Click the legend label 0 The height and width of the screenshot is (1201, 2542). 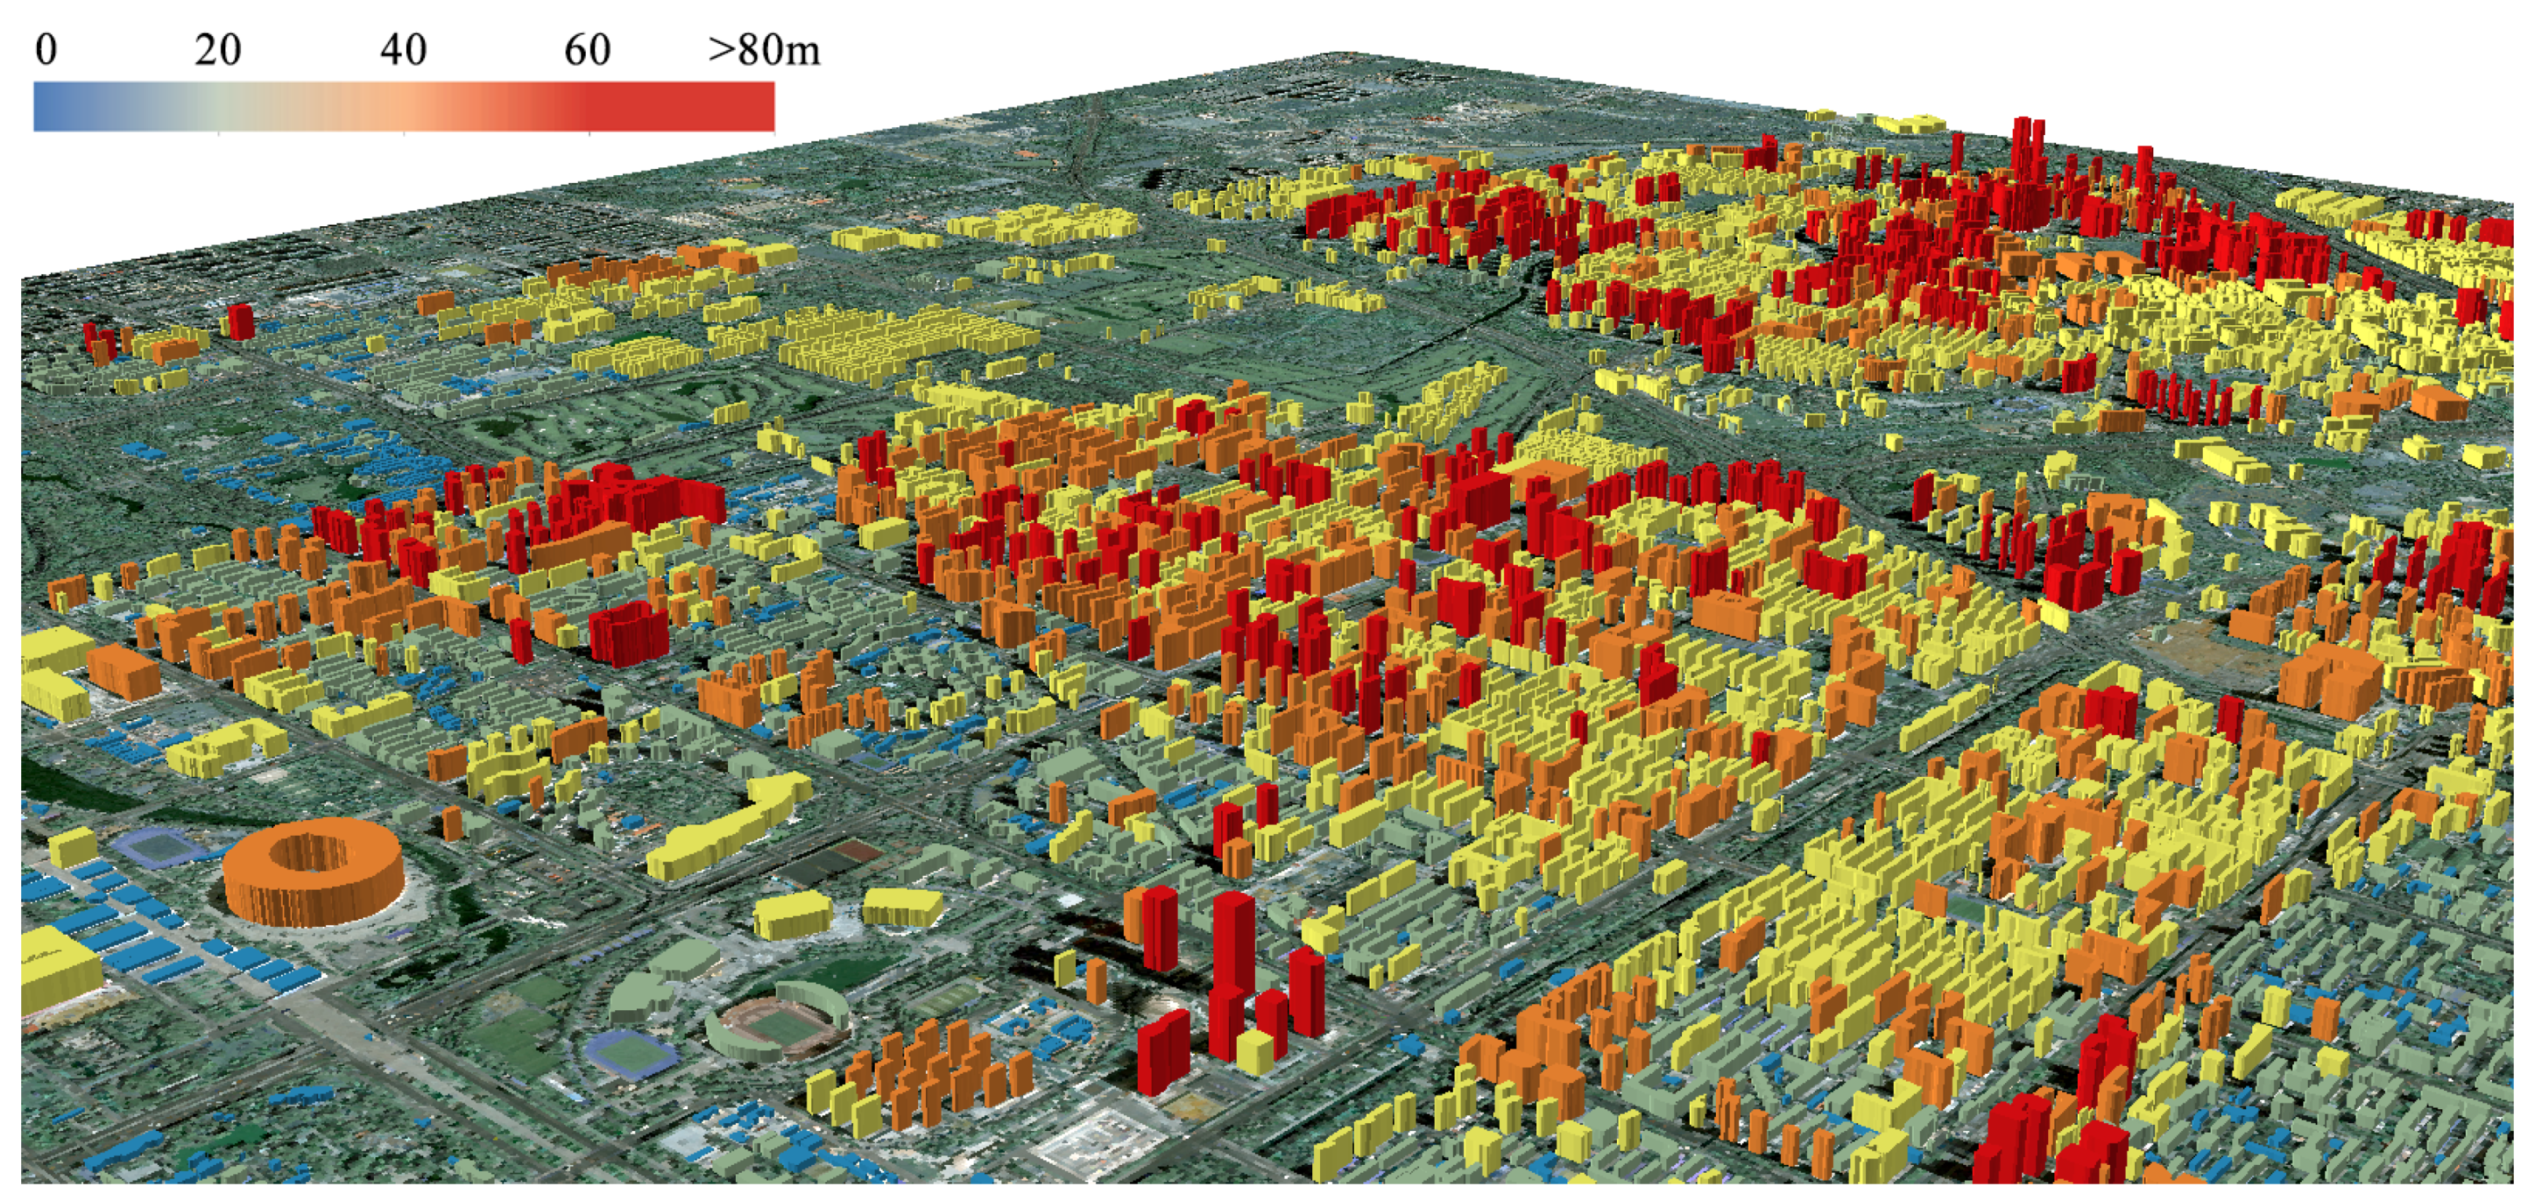coord(46,50)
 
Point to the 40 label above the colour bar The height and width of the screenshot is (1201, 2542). coord(403,50)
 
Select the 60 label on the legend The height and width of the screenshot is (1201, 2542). coord(587,50)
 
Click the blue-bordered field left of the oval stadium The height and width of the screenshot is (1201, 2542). coord(631,1053)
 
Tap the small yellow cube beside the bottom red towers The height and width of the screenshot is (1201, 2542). coord(1254,1052)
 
